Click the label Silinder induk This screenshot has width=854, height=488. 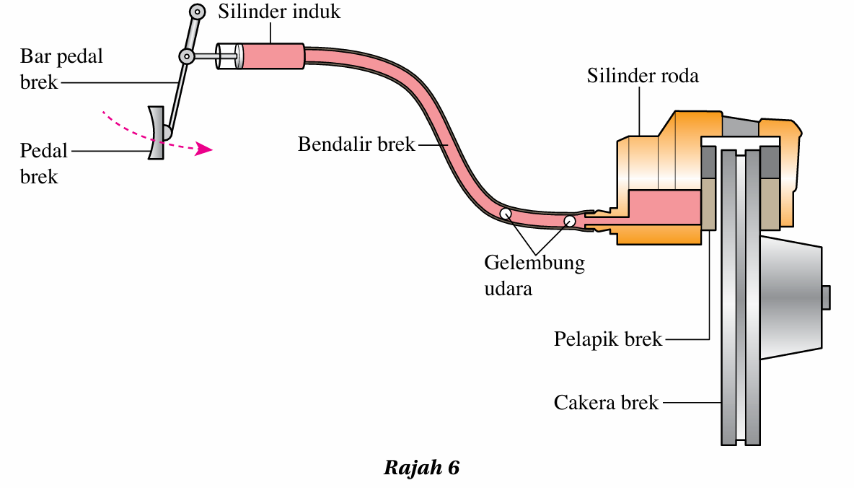pos(278,12)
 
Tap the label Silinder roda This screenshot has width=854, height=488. pos(642,75)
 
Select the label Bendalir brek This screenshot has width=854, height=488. pos(356,144)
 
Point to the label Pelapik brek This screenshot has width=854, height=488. pos(607,339)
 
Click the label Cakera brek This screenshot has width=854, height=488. pos(606,402)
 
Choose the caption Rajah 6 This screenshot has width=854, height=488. pos(421,468)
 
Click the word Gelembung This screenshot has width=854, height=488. pos(534,262)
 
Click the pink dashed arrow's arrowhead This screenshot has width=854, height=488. pos(206,149)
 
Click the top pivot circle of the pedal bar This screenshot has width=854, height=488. pos(197,12)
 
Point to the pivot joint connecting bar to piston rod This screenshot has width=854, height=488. pos(187,56)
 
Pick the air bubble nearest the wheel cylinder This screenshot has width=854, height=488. pos(570,220)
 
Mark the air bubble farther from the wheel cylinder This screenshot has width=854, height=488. pos(506,214)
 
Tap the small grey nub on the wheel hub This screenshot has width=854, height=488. pos(826,296)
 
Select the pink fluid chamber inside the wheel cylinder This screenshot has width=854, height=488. pos(664,206)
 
